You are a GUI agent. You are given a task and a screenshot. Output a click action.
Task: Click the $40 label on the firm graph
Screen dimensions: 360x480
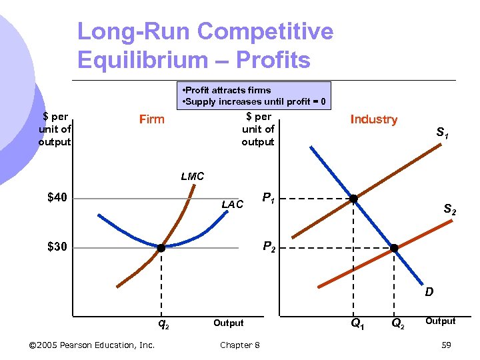(57, 197)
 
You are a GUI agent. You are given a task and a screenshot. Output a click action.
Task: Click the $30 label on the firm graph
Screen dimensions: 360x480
(57, 247)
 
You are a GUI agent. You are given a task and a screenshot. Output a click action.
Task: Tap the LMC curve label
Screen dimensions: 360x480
(193, 177)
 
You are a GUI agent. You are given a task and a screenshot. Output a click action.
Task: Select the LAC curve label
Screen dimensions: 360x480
(233, 205)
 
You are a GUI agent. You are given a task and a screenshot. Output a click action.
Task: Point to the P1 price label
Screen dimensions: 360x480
(269, 198)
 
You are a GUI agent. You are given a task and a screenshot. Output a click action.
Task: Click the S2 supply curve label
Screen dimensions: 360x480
(450, 210)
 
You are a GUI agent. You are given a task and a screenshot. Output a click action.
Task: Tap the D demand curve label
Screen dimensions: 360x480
(429, 291)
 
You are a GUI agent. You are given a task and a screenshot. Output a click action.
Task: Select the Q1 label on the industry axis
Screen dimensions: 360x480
(357, 325)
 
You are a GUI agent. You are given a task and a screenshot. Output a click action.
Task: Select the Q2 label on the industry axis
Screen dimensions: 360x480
(397, 325)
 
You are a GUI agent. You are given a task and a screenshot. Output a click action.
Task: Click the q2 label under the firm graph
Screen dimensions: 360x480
(163, 325)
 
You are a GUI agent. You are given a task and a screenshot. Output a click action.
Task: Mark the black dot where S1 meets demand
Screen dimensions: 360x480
(354, 199)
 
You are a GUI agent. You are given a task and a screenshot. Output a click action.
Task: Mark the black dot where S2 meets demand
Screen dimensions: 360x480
(394, 248)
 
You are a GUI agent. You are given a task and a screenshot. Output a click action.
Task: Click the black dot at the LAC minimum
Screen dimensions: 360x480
(161, 248)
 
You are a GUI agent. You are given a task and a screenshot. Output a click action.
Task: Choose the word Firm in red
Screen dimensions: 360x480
(151, 119)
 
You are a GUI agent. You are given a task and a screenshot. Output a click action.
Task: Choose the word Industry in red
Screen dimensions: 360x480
(373, 119)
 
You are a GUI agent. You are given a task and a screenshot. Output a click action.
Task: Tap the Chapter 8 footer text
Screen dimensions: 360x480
(240, 345)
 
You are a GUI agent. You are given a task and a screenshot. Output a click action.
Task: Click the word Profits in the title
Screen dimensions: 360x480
(274, 60)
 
